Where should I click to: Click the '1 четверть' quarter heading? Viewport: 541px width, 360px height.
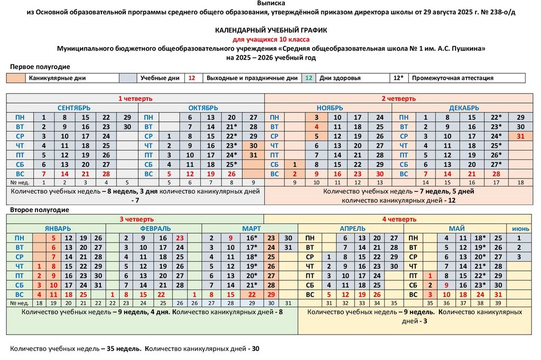click(x=135, y=98)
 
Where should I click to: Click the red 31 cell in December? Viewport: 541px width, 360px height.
click(x=520, y=136)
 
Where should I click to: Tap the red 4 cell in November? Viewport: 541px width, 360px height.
click(x=316, y=127)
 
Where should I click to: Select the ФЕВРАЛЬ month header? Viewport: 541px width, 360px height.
click(x=155, y=229)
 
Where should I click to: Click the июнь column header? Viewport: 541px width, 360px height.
click(x=519, y=229)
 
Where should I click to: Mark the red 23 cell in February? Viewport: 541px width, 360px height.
click(x=180, y=238)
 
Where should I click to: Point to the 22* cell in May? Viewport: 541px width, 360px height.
click(x=480, y=276)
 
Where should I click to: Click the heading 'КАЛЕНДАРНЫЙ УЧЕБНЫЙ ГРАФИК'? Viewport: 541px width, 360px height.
click(x=270, y=31)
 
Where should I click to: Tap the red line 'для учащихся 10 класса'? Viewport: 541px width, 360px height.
click(x=270, y=40)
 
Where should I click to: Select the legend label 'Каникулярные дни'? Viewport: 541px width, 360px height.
click(x=57, y=78)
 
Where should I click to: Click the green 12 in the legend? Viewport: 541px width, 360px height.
click(x=309, y=78)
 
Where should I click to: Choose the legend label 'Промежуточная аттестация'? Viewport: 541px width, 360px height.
click(x=452, y=78)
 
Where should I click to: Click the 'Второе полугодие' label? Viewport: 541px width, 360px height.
click(x=40, y=210)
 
